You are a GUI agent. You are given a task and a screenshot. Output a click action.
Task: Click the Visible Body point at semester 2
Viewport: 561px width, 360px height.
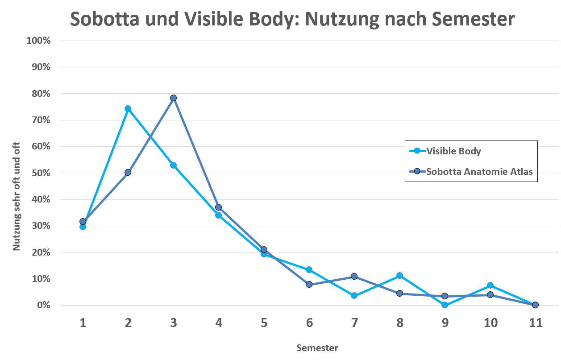click(x=128, y=108)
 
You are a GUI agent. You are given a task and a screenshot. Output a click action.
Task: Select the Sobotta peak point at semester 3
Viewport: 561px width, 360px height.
click(x=173, y=98)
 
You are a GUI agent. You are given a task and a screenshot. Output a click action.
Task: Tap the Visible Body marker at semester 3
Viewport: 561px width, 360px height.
click(x=173, y=165)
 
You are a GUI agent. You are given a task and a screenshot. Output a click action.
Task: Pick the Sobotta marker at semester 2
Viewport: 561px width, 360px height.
click(x=128, y=172)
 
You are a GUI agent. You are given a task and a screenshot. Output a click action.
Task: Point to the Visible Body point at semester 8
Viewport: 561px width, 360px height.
click(x=399, y=276)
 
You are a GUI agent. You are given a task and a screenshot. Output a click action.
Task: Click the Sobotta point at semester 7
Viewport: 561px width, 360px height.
click(x=354, y=277)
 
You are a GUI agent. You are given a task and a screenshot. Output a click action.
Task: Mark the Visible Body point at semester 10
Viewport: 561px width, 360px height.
click(x=490, y=285)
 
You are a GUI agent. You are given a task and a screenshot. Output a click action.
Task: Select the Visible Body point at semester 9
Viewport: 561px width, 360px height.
click(x=445, y=305)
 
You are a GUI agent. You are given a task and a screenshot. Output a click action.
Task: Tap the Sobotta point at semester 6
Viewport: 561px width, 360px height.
click(x=309, y=284)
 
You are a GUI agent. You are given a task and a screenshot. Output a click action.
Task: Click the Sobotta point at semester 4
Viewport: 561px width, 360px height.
click(x=219, y=207)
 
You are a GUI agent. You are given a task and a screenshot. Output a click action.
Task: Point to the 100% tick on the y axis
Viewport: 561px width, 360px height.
click(x=39, y=41)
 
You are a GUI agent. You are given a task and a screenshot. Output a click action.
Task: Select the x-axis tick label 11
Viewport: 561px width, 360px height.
click(x=535, y=323)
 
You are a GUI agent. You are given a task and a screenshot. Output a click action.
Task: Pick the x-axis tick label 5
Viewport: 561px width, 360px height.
click(x=264, y=323)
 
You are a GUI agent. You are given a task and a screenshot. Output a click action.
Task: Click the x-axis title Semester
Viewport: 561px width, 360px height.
click(x=317, y=348)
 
